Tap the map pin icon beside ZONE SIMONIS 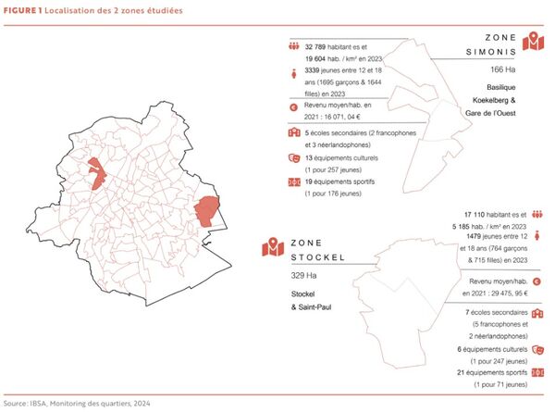(533, 42)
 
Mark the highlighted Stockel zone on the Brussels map (210, 212)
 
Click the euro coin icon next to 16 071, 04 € (293, 107)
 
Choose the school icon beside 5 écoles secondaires (293, 133)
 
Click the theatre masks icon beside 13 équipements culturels (293, 158)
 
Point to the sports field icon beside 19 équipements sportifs (293, 182)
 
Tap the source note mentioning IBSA (79, 405)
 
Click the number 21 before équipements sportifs (462, 371)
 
